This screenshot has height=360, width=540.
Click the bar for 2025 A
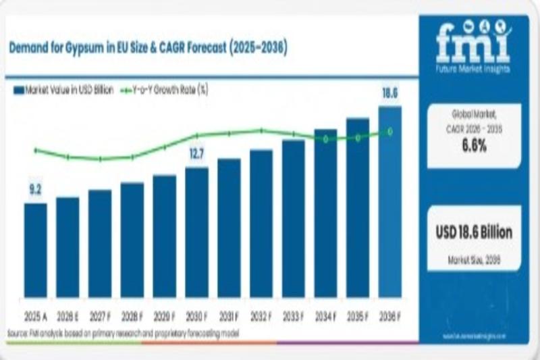[36, 250]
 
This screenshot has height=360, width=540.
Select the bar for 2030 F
[196, 232]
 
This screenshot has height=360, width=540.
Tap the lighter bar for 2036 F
[389, 203]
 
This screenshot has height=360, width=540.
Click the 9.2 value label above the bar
[35, 191]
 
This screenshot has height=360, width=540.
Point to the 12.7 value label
[196, 155]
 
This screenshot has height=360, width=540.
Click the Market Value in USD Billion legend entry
[64, 89]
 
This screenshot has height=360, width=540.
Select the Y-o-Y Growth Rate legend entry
[163, 89]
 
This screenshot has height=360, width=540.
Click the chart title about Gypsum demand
[148, 49]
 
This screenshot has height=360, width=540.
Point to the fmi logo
[473, 42]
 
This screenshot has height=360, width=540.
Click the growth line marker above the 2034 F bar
[325, 138]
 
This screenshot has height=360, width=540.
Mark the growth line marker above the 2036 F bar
[389, 132]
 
